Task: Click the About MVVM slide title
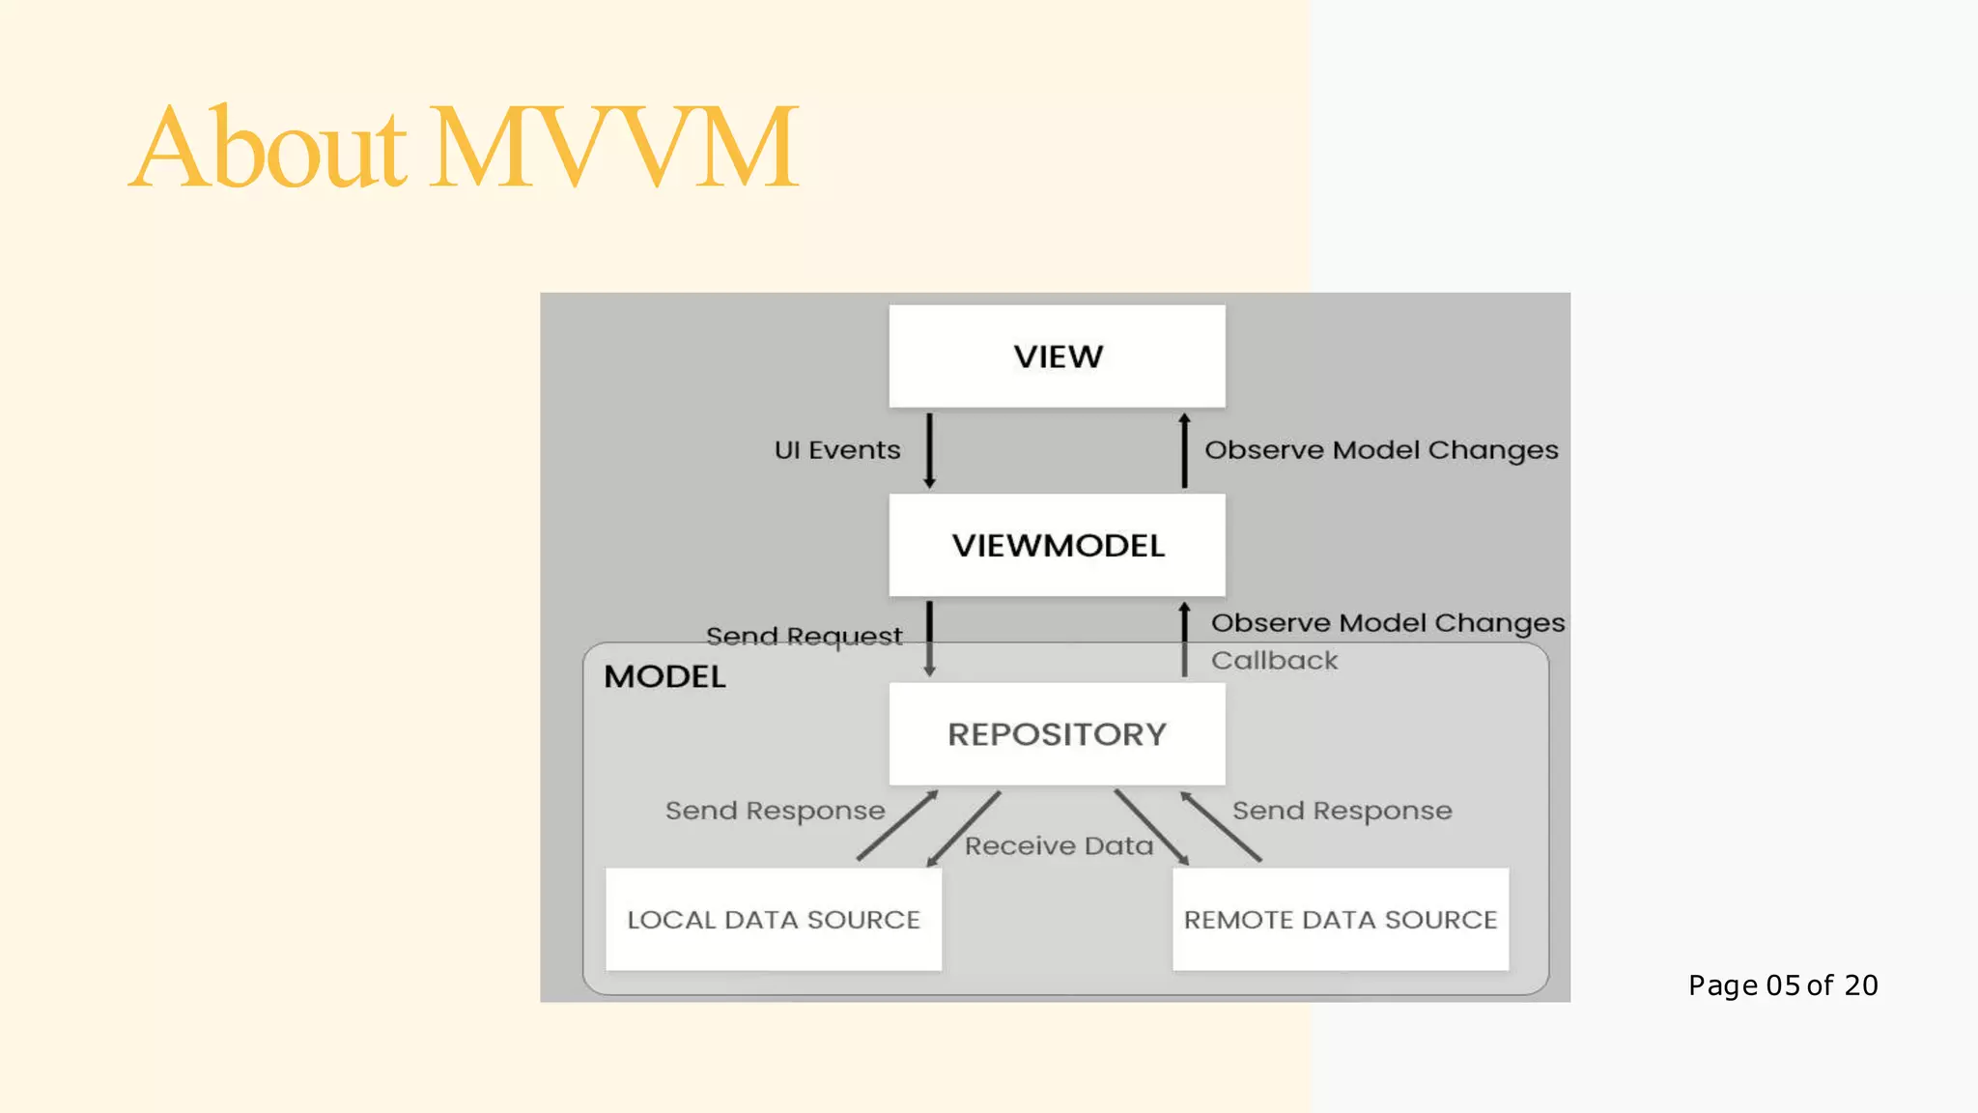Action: pyautogui.click(x=464, y=147)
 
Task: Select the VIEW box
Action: pyautogui.click(x=1057, y=357)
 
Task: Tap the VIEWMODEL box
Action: pyautogui.click(x=1057, y=545)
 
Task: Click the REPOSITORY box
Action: pyautogui.click(x=1057, y=734)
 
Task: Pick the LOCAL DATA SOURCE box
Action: pyautogui.click(x=773, y=919)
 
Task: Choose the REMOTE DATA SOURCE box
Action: pyautogui.click(x=1340, y=919)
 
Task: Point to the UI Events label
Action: pyautogui.click(x=836, y=450)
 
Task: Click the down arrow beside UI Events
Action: pyautogui.click(x=929, y=450)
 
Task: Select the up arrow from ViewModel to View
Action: pyautogui.click(x=1184, y=450)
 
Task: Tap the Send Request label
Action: pyautogui.click(x=804, y=637)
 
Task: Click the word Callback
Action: pyautogui.click(x=1274, y=661)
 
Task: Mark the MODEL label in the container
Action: pyautogui.click(x=664, y=676)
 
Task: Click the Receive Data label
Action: pyautogui.click(x=1059, y=846)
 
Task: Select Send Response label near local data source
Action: pyautogui.click(x=775, y=811)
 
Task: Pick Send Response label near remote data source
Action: pyautogui.click(x=1342, y=811)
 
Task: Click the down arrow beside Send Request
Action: pyautogui.click(x=929, y=639)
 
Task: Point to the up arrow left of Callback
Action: pyautogui.click(x=1184, y=639)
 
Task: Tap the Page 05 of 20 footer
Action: pyautogui.click(x=1783, y=985)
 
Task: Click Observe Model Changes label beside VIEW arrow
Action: pyautogui.click(x=1381, y=450)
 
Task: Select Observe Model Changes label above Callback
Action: pyautogui.click(x=1388, y=623)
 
